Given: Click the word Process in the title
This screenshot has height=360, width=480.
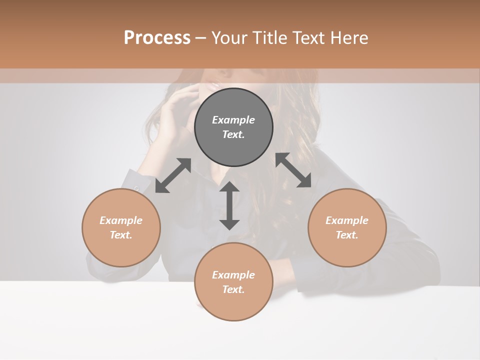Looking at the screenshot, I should pos(157,38).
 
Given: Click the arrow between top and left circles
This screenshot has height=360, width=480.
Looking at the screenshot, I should pos(173,175).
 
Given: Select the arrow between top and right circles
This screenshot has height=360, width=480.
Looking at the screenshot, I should pos(293,170).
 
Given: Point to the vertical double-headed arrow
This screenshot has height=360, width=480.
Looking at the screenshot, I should pos(229,205).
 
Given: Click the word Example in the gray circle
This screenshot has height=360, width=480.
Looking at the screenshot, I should pos(233,120).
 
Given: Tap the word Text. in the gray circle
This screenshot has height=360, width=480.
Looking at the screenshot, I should pos(233,134).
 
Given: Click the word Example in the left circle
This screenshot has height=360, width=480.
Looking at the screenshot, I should pos(121,220).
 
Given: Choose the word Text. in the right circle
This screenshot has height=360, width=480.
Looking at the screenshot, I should pos(347,235).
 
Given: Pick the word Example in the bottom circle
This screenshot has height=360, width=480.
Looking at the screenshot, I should pos(233,275).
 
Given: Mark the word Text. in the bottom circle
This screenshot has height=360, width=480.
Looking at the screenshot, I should pos(233,289).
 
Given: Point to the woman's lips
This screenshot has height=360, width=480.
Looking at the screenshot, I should pos(212,85).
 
